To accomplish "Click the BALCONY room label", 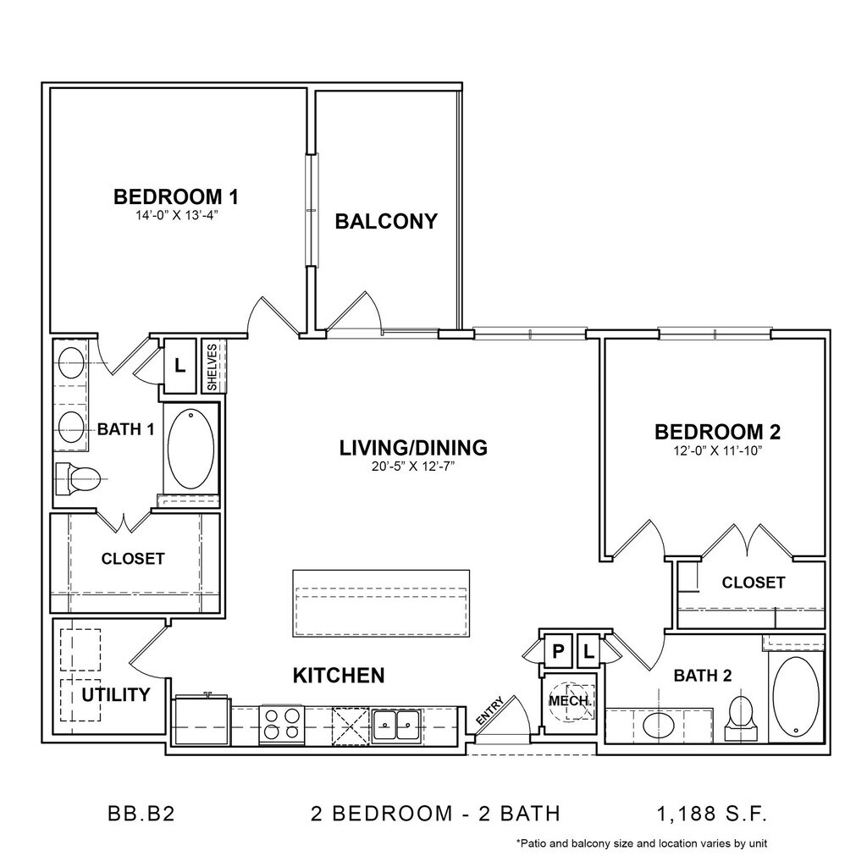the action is pyautogui.click(x=386, y=221).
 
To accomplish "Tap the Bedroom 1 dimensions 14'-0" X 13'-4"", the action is pyautogui.click(x=174, y=216).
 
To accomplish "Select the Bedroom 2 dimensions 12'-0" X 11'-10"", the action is pyautogui.click(x=718, y=450).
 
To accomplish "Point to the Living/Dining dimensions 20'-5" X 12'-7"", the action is pyautogui.click(x=413, y=467).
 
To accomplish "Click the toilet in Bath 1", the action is pyautogui.click(x=78, y=478).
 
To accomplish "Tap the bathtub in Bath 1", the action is pyautogui.click(x=191, y=449).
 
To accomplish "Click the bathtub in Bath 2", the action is pyautogui.click(x=796, y=698).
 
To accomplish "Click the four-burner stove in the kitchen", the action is pyautogui.click(x=281, y=725).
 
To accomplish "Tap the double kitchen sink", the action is pyautogui.click(x=395, y=725).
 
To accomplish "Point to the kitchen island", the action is pyautogui.click(x=381, y=603).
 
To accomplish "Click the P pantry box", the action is pyautogui.click(x=557, y=651).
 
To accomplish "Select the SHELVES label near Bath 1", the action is pyautogui.click(x=213, y=367).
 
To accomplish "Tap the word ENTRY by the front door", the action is pyautogui.click(x=490, y=711).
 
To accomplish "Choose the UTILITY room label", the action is pyautogui.click(x=115, y=694).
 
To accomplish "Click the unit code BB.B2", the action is pyautogui.click(x=141, y=814).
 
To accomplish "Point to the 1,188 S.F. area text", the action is pyautogui.click(x=712, y=814).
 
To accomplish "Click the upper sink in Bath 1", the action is pyautogui.click(x=71, y=363).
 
